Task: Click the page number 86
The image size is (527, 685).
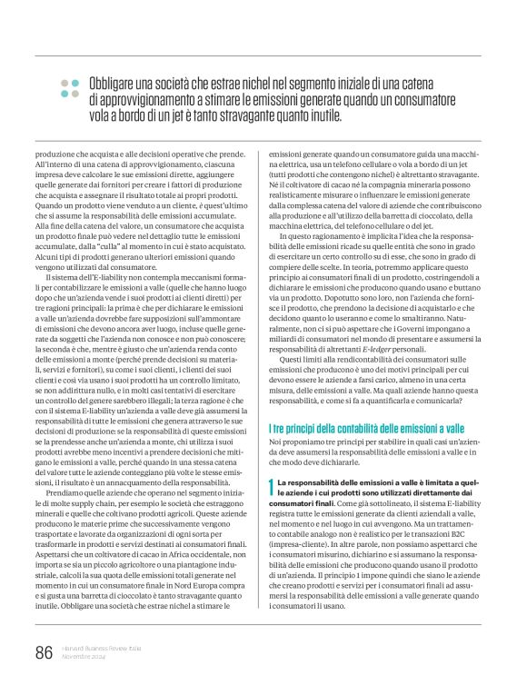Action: [42, 652]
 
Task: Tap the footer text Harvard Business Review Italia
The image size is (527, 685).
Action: [101, 648]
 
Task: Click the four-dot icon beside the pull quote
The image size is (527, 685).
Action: [70, 87]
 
